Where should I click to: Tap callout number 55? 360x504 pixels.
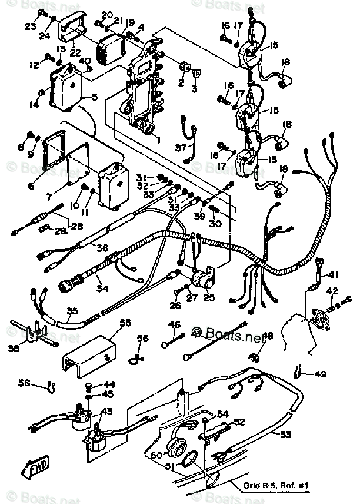coord(125,323)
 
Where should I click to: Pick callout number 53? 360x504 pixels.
coord(285,435)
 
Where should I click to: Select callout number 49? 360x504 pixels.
coord(319,374)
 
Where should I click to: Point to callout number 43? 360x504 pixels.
coord(107,412)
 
